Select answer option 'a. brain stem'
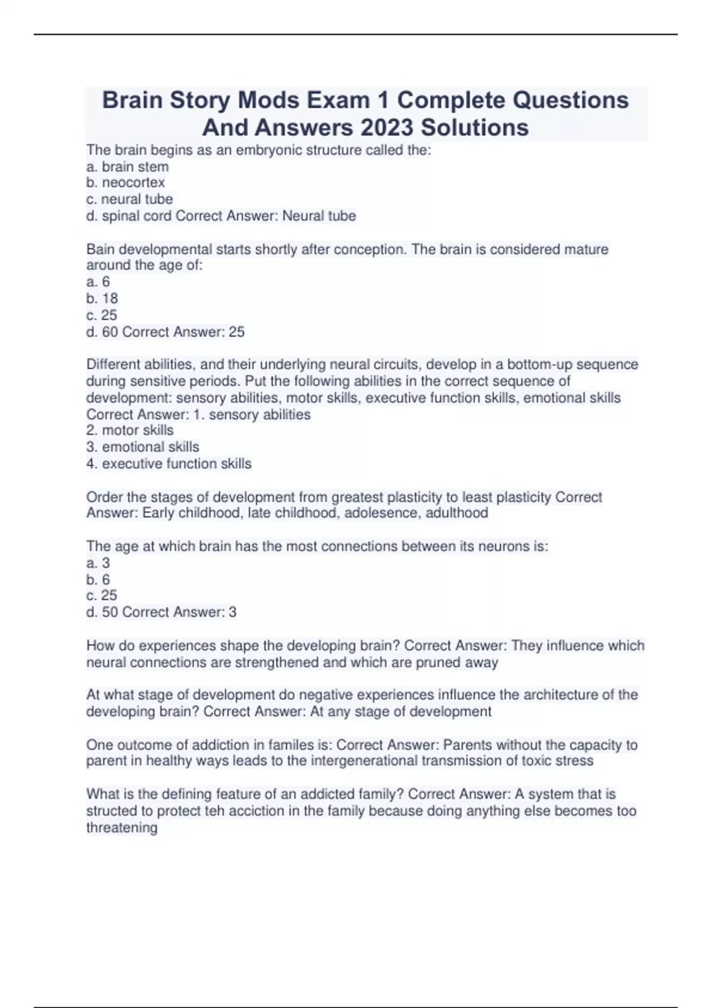click(128, 167)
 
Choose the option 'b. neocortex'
click(125, 183)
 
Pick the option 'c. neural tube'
click(129, 199)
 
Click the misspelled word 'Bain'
click(100, 250)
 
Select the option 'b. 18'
click(102, 298)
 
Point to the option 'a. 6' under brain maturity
click(98, 282)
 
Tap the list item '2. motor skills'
click(130, 430)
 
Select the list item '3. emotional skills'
click(142, 447)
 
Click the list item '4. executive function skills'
click(169, 464)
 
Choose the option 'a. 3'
click(98, 563)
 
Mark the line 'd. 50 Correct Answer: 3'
click(161, 612)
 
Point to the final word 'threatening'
click(122, 828)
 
